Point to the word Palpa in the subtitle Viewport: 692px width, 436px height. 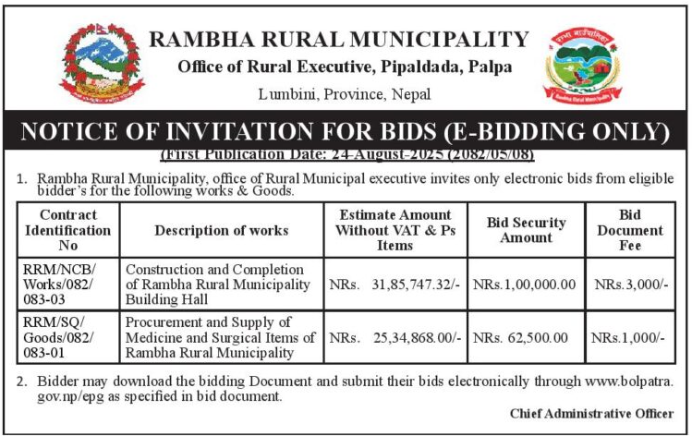490,67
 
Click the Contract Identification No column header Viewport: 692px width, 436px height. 63,230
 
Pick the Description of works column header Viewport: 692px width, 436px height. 222,230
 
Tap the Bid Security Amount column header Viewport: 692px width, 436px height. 525,230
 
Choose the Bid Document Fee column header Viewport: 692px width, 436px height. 630,230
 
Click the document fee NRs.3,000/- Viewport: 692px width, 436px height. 631,283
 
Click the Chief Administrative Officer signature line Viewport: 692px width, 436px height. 591,414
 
